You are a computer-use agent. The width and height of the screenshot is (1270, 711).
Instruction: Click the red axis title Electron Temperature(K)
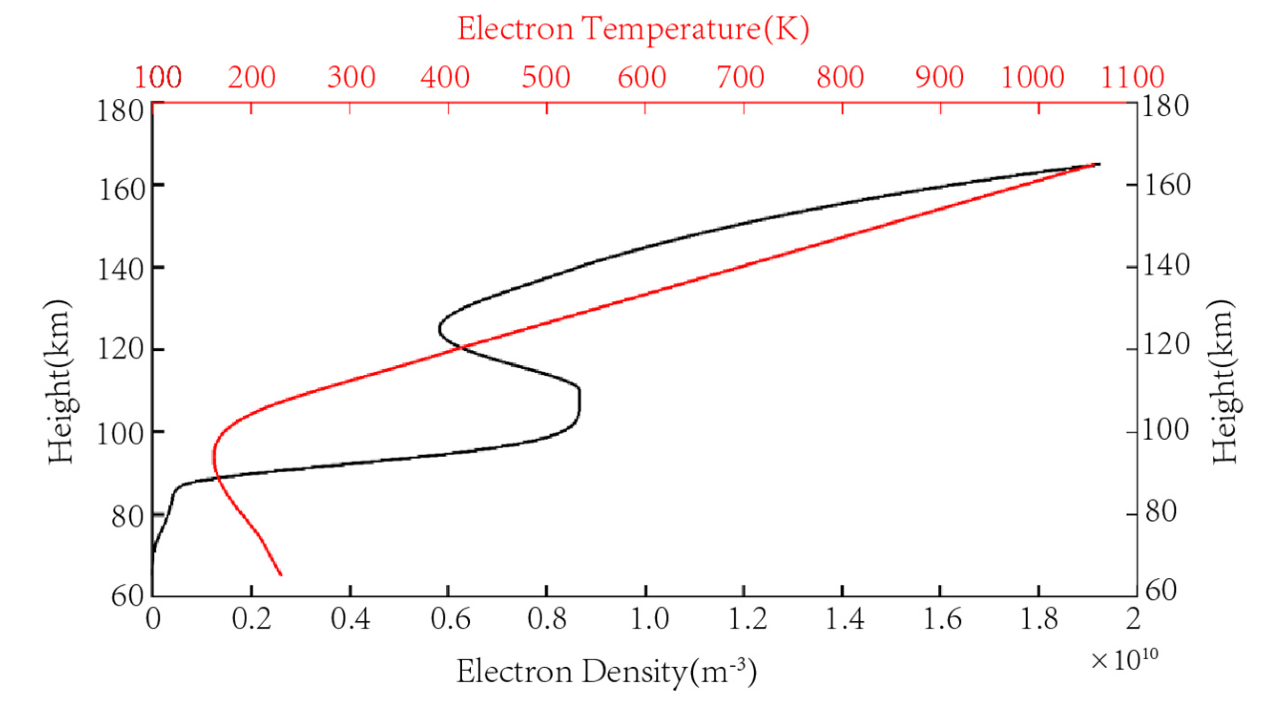(x=633, y=29)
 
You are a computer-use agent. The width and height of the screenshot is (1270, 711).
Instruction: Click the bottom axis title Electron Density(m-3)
(x=607, y=671)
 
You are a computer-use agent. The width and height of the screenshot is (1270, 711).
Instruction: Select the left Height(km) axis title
(x=60, y=381)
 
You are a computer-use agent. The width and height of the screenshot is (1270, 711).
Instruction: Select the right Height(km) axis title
(x=1223, y=381)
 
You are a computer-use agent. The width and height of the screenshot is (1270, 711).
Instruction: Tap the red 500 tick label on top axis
(x=546, y=78)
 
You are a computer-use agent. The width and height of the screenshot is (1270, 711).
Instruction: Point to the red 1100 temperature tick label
(x=1132, y=78)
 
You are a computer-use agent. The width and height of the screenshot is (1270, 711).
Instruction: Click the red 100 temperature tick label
(x=158, y=78)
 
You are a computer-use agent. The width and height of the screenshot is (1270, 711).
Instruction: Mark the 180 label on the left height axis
(x=120, y=111)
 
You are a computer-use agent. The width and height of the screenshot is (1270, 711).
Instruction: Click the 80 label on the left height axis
(x=127, y=517)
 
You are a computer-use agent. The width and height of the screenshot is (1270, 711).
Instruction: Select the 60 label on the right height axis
(x=1161, y=590)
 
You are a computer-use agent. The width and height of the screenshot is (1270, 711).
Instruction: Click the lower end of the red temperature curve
(x=281, y=575)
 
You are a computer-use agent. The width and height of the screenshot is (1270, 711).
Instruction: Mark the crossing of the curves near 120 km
(x=461, y=347)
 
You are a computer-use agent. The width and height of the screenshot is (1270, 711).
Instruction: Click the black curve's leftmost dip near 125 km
(x=439, y=329)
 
